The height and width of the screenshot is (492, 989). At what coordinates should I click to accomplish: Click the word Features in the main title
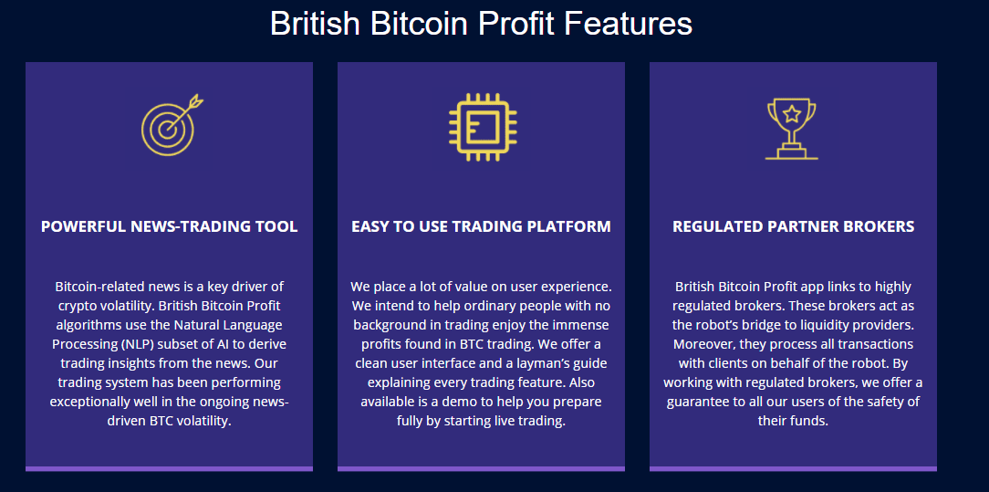(629, 24)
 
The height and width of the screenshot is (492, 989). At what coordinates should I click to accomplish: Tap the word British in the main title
(316, 24)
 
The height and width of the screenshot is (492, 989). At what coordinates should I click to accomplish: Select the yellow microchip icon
(483, 127)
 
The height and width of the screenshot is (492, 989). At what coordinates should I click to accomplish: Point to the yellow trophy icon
(792, 129)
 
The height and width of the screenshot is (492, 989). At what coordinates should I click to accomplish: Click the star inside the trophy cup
(792, 114)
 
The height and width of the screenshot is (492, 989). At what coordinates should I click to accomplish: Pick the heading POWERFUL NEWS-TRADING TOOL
(169, 226)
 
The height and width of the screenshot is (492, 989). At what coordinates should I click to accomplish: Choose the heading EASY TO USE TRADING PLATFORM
(481, 226)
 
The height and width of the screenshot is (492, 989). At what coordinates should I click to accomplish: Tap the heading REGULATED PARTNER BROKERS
(794, 226)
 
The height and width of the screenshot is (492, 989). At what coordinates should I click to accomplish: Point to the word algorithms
(87, 326)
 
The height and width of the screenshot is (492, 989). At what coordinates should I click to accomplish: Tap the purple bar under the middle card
(481, 468)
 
